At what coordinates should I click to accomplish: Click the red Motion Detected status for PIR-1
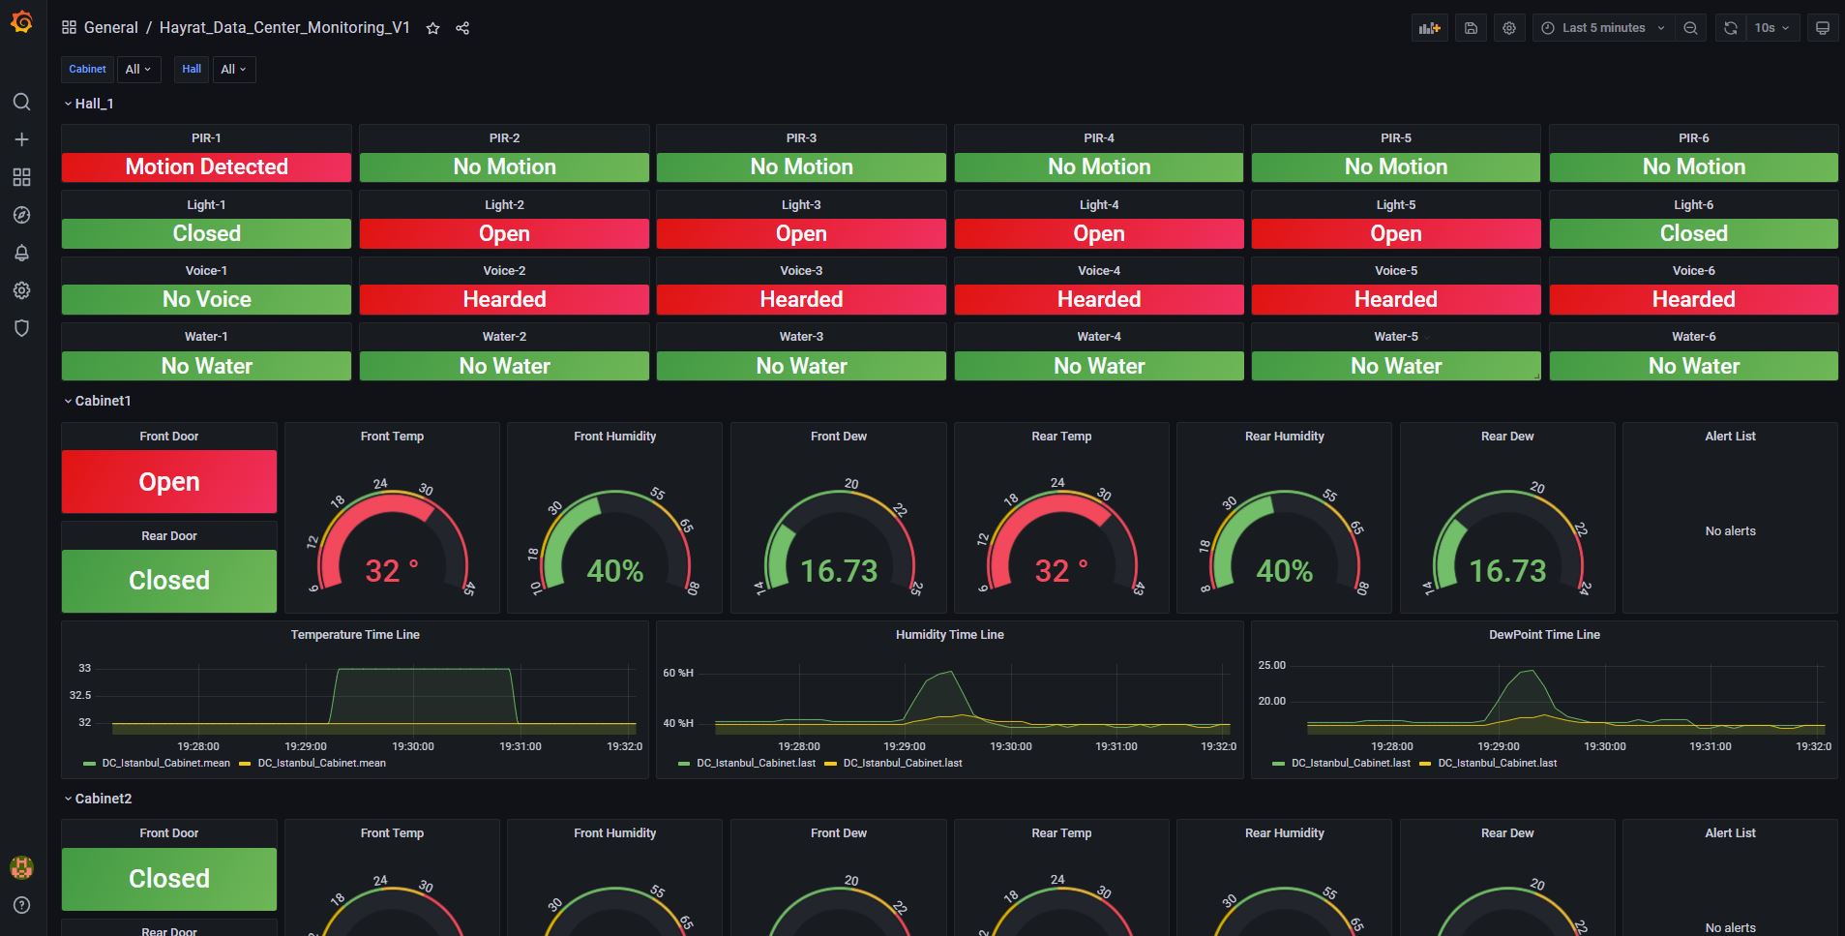[206, 167]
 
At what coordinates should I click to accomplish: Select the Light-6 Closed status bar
[1693, 233]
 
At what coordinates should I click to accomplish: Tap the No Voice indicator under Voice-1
[206, 300]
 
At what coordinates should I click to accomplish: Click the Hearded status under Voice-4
[1098, 300]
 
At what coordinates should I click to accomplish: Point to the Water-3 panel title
[801, 337]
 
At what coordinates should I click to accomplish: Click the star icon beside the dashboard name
[433, 28]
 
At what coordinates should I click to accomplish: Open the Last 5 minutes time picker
[1602, 28]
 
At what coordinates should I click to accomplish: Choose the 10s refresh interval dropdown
[1771, 28]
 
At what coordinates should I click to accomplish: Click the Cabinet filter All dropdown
[137, 70]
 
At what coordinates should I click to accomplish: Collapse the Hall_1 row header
[89, 104]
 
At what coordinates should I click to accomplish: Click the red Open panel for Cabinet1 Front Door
[169, 482]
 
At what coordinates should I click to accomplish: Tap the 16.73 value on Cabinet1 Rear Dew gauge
[1507, 571]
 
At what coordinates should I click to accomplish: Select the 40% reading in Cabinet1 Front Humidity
[614, 571]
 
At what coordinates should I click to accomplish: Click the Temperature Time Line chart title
[355, 635]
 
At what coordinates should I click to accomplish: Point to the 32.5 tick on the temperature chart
[80, 695]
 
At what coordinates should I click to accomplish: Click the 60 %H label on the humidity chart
[678, 673]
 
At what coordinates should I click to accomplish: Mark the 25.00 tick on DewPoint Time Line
[1271, 665]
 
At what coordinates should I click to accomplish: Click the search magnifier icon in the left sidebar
[21, 102]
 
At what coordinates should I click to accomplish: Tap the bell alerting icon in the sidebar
[21, 253]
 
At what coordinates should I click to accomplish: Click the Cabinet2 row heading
[103, 799]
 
